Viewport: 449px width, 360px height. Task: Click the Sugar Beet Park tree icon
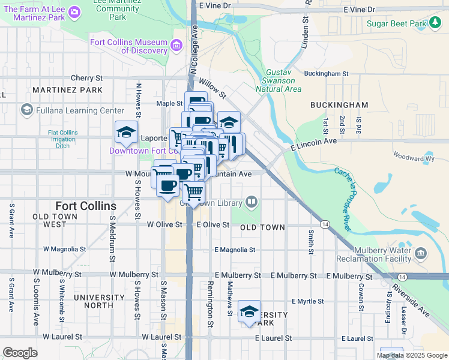click(x=436, y=23)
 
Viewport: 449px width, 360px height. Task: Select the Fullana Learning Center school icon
click(x=26, y=110)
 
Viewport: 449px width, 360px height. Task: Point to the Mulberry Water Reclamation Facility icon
click(x=420, y=254)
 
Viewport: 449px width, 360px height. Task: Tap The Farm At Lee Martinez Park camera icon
click(x=74, y=11)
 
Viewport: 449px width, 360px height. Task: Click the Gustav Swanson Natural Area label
click(x=279, y=81)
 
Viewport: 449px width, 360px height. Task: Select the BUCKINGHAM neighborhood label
click(x=339, y=105)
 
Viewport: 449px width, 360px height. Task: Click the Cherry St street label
click(x=87, y=78)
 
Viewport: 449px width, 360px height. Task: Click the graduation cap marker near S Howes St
click(x=127, y=133)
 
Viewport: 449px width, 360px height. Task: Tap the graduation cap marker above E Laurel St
click(x=249, y=311)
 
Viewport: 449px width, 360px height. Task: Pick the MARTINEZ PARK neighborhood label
click(x=68, y=90)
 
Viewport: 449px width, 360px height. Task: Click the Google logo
click(x=20, y=353)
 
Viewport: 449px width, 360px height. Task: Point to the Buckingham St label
click(x=327, y=74)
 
